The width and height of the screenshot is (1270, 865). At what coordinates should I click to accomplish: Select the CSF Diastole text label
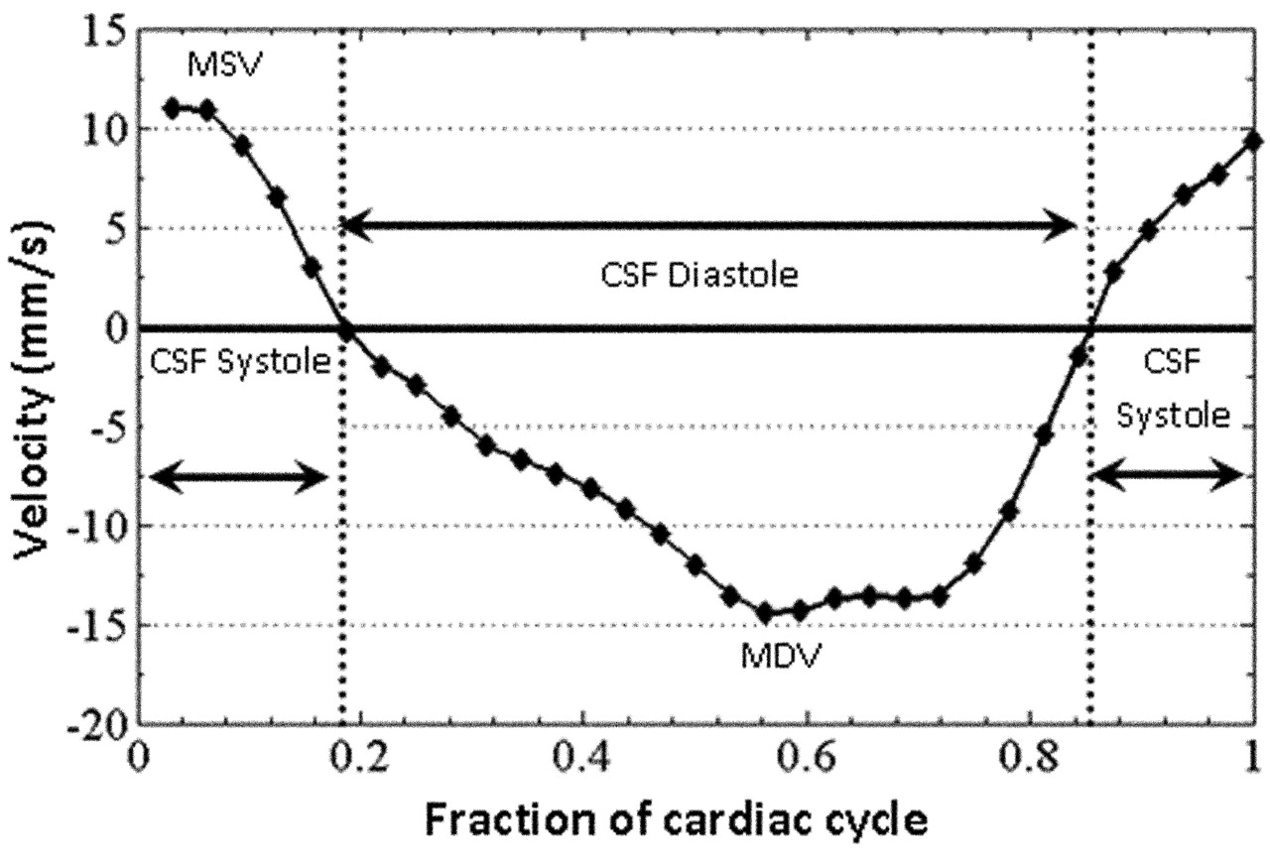[x=700, y=275]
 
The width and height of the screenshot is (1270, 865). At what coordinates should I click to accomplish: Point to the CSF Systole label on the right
[x=1173, y=387]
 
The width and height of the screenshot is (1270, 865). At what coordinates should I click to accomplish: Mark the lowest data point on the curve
[x=765, y=613]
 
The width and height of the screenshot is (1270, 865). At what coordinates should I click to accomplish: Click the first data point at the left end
[x=172, y=108]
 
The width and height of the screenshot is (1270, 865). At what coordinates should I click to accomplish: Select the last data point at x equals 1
[x=1253, y=141]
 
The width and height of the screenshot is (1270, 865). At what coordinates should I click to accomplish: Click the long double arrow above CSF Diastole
[x=708, y=228]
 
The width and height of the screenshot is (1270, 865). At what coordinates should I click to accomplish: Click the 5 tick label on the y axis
[x=112, y=229]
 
